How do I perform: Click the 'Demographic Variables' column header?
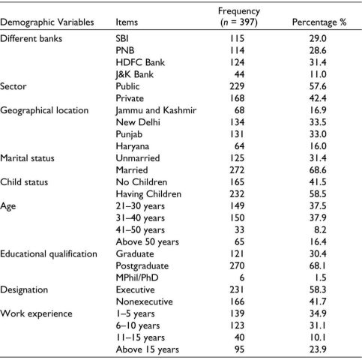click(47, 22)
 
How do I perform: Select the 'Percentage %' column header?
click(319, 22)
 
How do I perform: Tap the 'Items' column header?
click(127, 22)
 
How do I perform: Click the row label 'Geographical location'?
click(44, 110)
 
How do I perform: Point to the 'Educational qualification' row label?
click(49, 254)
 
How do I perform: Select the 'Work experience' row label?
click(36, 313)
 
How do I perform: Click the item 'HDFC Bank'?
click(140, 62)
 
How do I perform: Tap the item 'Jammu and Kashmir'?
click(156, 110)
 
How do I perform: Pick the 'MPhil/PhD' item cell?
click(137, 277)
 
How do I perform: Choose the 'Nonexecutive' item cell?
click(144, 301)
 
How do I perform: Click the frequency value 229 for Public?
click(237, 86)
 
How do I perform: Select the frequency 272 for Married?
click(237, 170)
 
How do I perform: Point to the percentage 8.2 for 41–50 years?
click(320, 230)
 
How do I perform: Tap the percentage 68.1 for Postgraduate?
click(318, 265)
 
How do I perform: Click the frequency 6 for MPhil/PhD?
click(241, 277)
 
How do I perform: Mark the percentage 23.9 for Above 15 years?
click(318, 349)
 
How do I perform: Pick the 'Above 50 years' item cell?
click(147, 242)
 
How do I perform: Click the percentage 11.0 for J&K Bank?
click(318, 74)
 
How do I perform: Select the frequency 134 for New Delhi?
click(237, 122)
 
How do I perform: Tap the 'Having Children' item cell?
click(148, 194)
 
